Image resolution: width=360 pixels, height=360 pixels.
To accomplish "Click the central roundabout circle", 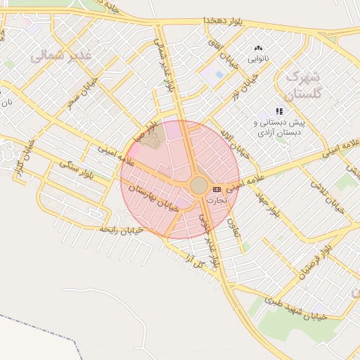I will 199,186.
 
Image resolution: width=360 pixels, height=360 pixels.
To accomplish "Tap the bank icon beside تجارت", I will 216,189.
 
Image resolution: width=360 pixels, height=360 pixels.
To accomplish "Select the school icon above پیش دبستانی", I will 279,111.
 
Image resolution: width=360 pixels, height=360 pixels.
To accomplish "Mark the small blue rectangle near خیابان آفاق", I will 219,75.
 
